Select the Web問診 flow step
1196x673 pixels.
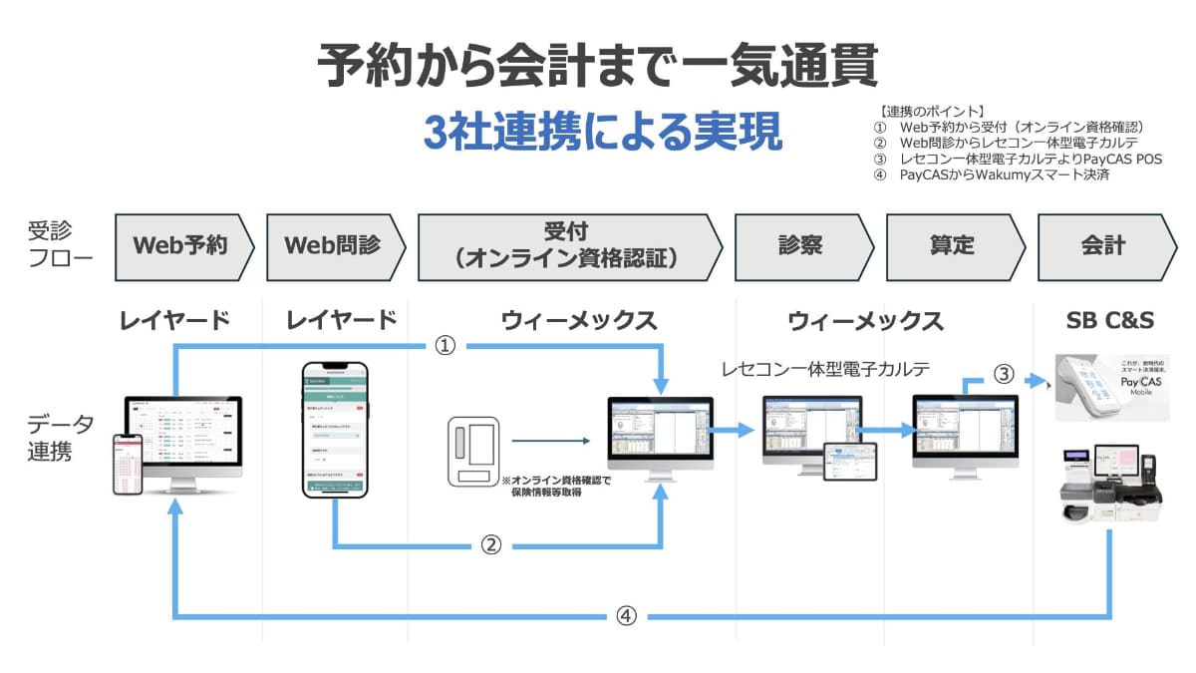point(332,245)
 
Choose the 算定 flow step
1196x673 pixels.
point(951,245)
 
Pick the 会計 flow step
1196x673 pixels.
point(1103,245)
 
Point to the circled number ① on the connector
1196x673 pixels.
point(446,346)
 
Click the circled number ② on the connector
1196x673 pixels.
point(490,545)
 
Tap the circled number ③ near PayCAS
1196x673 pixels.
point(1004,375)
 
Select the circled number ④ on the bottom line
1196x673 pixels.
point(625,616)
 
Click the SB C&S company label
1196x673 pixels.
point(1103,321)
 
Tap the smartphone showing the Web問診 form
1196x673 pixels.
point(335,429)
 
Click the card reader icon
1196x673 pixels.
point(473,450)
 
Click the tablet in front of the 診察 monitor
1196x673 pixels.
point(849,462)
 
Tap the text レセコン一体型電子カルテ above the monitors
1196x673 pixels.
point(826,369)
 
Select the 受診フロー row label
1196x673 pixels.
point(61,245)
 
